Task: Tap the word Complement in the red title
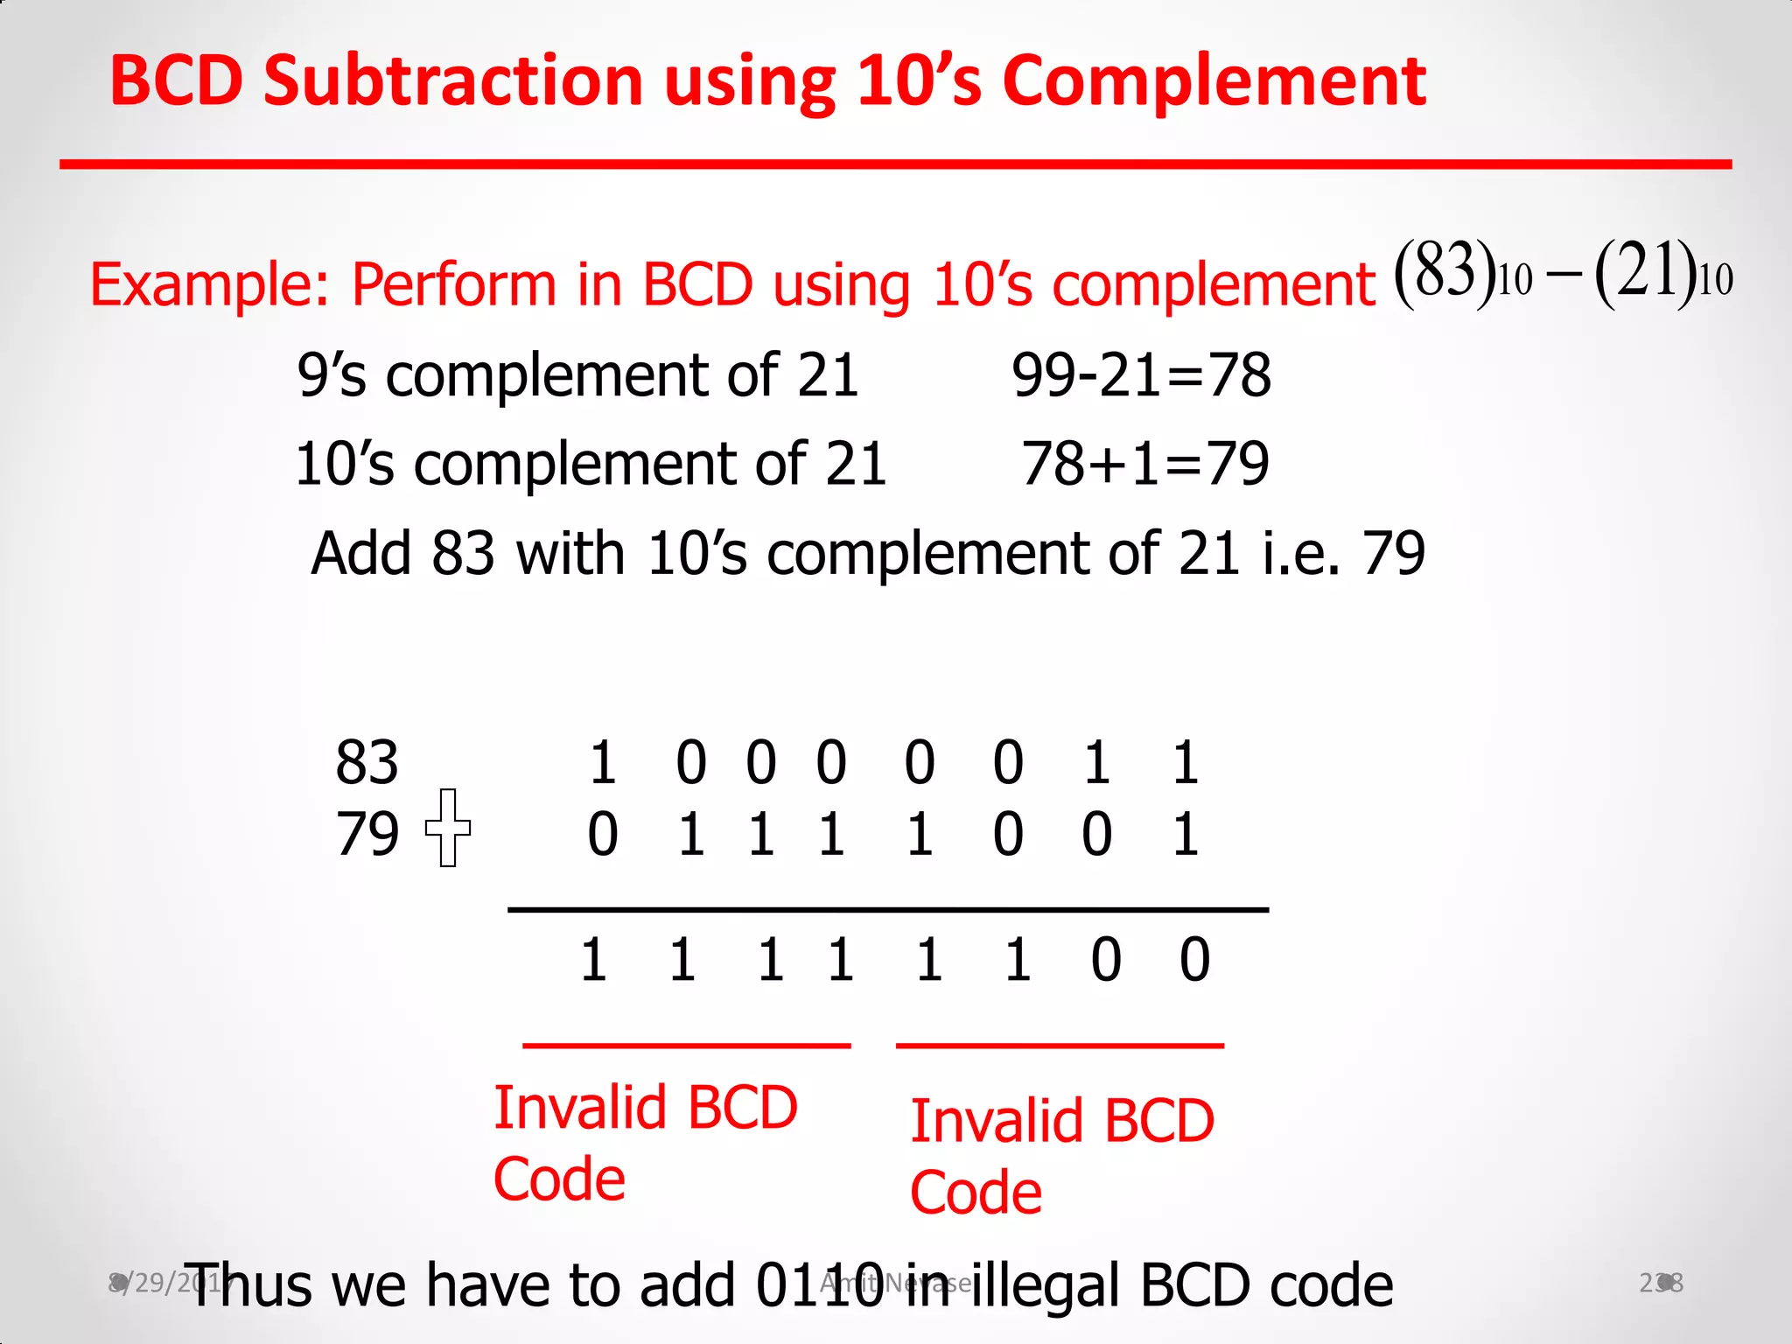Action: (1214, 80)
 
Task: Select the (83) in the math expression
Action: (1445, 271)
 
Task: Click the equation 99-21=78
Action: (1141, 375)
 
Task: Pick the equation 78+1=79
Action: (1144, 464)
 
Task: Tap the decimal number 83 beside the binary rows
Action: (367, 762)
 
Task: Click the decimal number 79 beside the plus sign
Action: (367, 834)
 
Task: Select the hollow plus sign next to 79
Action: (447, 828)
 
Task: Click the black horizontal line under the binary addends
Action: (887, 910)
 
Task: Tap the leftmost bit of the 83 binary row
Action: (602, 762)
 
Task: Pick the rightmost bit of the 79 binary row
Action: (1185, 834)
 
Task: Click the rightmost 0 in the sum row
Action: (1194, 960)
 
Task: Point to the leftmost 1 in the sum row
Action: (594, 960)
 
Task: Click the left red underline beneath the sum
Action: (686, 1045)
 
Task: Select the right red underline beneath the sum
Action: (1060, 1045)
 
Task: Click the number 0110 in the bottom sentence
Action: (820, 1285)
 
